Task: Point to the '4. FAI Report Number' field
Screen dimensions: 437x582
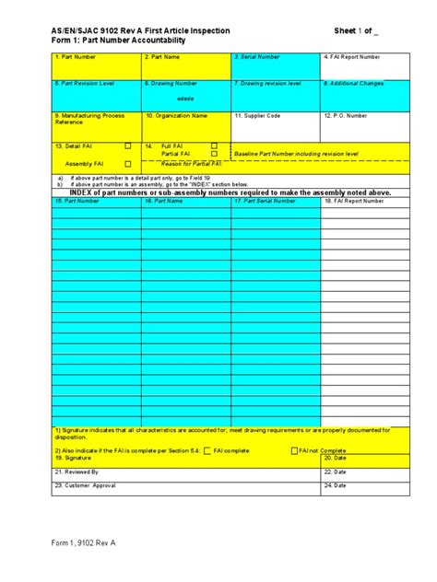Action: pyautogui.click(x=351, y=57)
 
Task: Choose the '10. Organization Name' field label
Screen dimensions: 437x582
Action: pyautogui.click(x=176, y=116)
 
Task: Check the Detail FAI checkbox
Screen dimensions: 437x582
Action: pyautogui.click(x=127, y=145)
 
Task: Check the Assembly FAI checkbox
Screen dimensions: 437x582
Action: pyautogui.click(x=127, y=163)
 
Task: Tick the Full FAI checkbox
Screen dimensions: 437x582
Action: pyautogui.click(x=214, y=145)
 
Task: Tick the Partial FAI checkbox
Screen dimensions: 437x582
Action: pyautogui.click(x=214, y=154)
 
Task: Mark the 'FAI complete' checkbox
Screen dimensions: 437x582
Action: pyautogui.click(x=207, y=450)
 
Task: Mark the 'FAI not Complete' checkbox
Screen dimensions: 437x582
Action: pyautogui.click(x=292, y=450)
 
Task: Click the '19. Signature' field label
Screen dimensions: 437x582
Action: pyautogui.click(x=73, y=458)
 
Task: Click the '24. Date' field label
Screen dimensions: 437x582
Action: pyautogui.click(x=334, y=484)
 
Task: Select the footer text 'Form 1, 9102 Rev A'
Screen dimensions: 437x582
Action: pyautogui.click(x=84, y=542)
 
